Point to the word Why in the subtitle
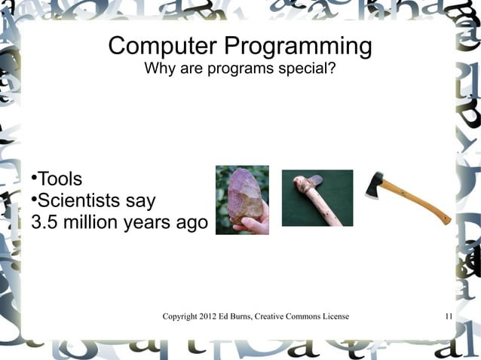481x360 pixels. tap(158, 70)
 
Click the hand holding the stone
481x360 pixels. tap(253, 224)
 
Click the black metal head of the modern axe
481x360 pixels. tap(375, 185)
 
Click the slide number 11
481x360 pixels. tap(448, 316)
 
